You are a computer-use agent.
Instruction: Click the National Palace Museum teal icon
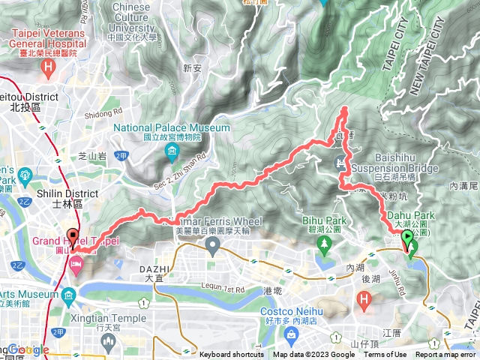pyautogui.click(x=172, y=152)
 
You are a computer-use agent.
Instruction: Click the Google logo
pyautogui.click(x=28, y=350)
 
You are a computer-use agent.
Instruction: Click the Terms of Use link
pyautogui.click(x=385, y=355)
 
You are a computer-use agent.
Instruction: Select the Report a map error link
pyautogui.click(x=445, y=355)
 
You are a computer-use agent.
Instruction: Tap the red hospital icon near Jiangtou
pyautogui.click(x=364, y=302)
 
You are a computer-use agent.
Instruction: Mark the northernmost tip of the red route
pyautogui.click(x=345, y=109)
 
